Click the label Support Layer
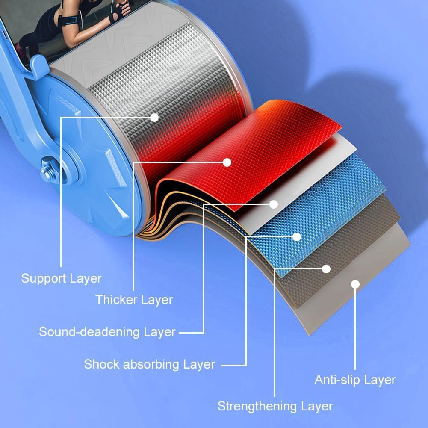pyautogui.click(x=61, y=279)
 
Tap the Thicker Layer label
pyautogui.click(x=134, y=300)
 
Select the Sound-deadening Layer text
pyautogui.click(x=107, y=332)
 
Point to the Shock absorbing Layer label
pyautogui.click(x=149, y=365)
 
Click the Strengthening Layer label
pyautogui.click(x=275, y=406)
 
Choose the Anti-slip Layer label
pyautogui.click(x=355, y=380)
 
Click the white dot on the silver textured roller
pyautogui.click(x=154, y=117)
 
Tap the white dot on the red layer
pyautogui.click(x=227, y=162)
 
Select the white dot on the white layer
pyautogui.click(x=274, y=204)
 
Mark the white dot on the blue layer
pyautogui.click(x=297, y=236)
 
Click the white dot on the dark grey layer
pyautogui.click(x=326, y=269)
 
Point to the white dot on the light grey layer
pyautogui.click(x=355, y=284)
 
